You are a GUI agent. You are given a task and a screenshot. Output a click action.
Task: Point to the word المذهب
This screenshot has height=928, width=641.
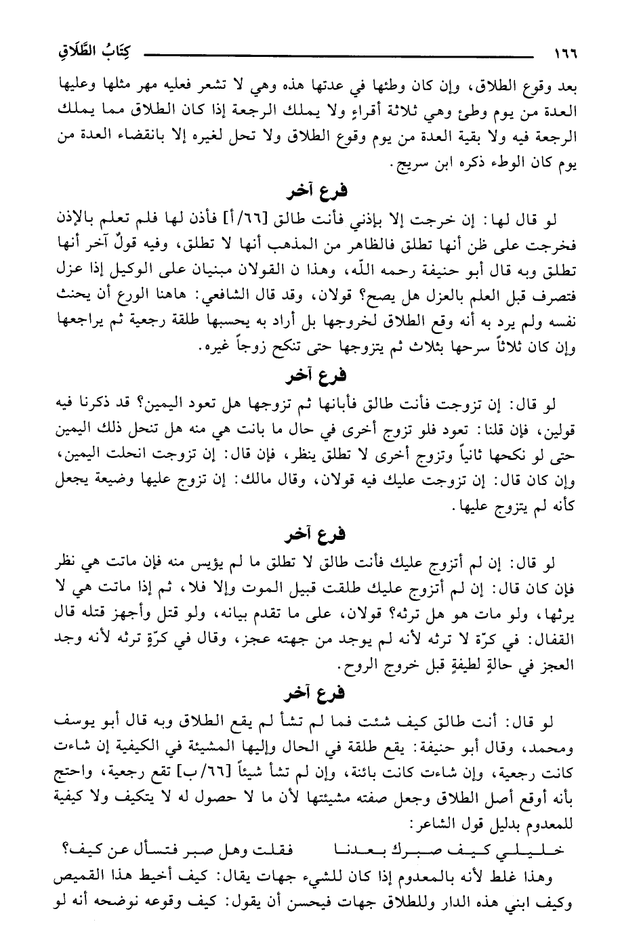[305, 238]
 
